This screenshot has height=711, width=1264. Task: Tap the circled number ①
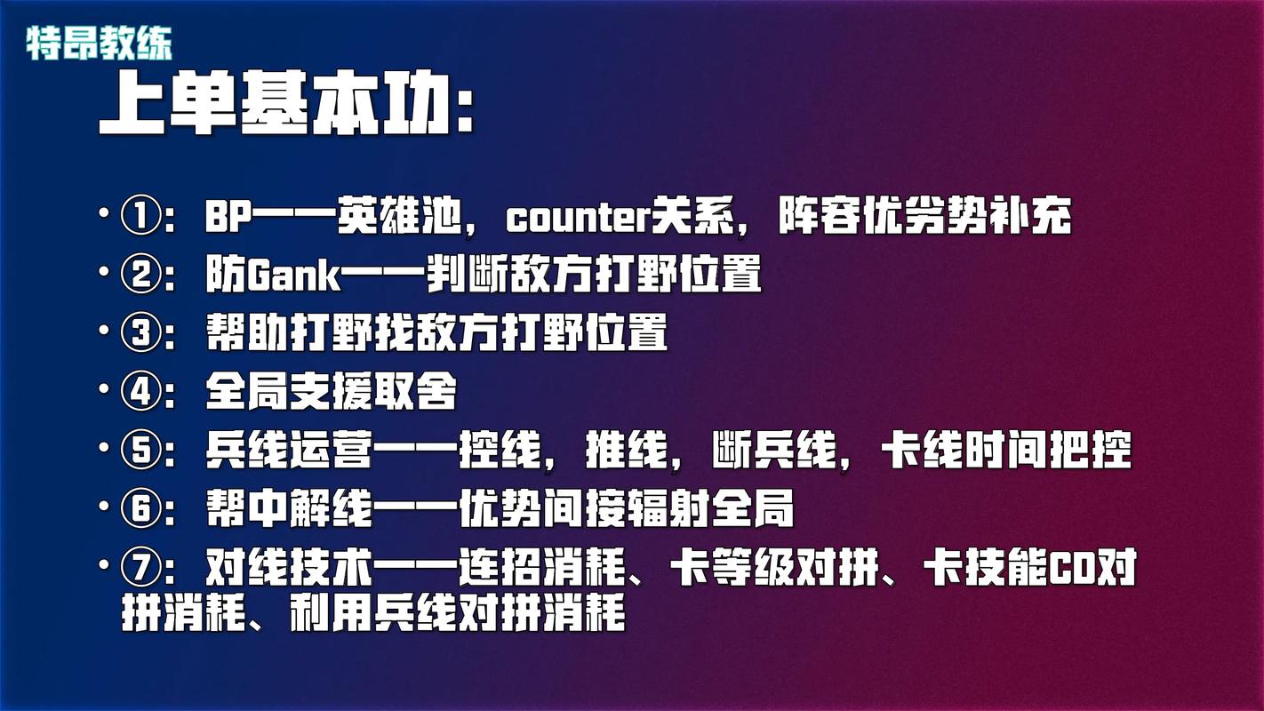point(140,218)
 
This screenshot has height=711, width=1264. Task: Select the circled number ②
point(140,276)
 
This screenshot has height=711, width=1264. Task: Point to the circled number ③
point(140,333)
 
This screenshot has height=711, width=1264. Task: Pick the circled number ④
point(140,391)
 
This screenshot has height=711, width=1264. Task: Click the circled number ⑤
point(140,451)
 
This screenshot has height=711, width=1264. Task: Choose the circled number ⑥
point(140,509)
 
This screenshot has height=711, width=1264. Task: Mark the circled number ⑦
point(140,568)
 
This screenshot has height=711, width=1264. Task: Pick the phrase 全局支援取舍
point(332,392)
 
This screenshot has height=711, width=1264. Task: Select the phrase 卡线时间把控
point(1005,451)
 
